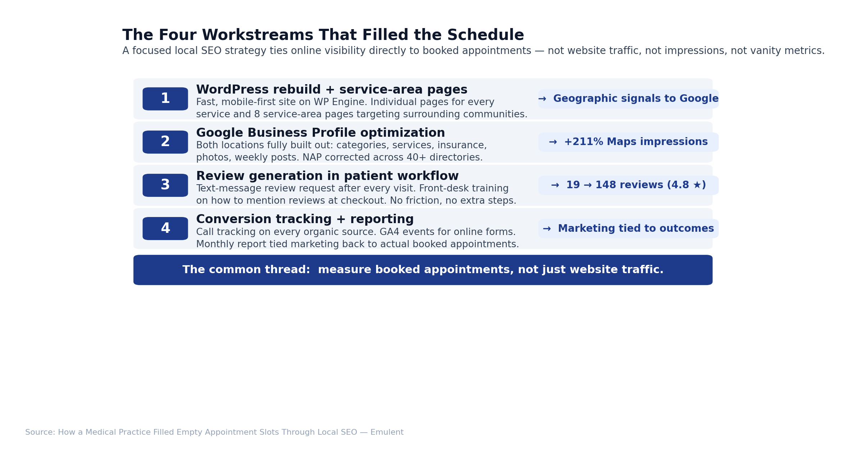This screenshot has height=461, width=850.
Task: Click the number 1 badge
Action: (165, 99)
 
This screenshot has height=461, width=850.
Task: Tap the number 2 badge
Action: (165, 142)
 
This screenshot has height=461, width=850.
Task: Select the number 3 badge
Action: (165, 185)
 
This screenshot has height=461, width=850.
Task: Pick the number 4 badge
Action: (165, 228)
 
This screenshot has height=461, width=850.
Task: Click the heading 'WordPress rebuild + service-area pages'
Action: (331, 90)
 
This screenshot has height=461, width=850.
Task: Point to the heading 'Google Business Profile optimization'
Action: (320, 133)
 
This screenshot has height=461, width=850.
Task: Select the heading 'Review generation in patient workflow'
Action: (327, 176)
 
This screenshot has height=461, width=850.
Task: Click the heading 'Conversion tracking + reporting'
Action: (305, 219)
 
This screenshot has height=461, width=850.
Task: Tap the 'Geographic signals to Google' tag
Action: (628, 99)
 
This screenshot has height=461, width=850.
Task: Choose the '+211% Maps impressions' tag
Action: (628, 142)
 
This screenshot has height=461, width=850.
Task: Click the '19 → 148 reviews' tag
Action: (628, 185)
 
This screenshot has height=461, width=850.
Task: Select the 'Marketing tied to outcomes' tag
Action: (628, 228)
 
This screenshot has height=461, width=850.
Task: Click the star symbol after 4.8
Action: (697, 185)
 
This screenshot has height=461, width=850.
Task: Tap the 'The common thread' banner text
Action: (423, 270)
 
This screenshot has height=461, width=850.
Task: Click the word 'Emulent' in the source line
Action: (387, 432)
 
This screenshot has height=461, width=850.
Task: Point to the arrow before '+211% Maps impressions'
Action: (553, 142)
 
